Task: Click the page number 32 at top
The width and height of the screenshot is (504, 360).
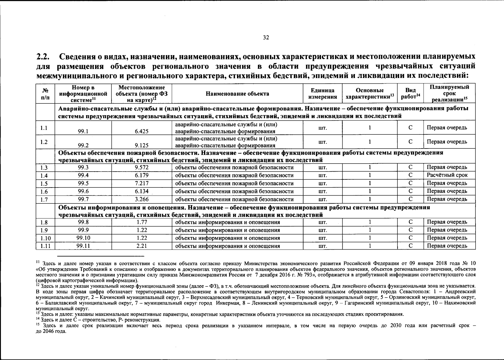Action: [266, 37]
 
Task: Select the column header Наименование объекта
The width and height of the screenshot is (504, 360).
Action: [237, 94]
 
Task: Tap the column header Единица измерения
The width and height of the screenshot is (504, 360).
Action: [322, 94]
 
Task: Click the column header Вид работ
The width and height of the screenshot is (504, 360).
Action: [410, 94]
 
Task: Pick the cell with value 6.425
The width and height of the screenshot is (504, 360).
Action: [142, 131]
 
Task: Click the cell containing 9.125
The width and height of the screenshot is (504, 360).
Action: [142, 145]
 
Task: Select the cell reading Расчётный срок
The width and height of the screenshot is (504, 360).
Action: [447, 175]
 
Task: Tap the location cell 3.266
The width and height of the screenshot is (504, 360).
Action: [142, 199]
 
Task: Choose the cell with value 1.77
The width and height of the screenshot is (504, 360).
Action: [142, 222]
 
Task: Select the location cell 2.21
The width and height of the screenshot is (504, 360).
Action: [141, 246]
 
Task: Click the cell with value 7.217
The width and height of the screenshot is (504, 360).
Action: [142, 183]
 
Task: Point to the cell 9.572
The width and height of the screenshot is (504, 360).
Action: [142, 167]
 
